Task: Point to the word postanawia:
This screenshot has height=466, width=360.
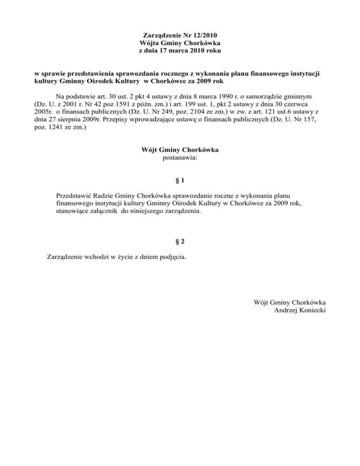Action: [x=180, y=158]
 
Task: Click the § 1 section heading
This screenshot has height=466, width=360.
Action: [x=180, y=180]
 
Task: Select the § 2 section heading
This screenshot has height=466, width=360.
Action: [x=180, y=241]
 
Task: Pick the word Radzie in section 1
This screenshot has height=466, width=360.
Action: [x=107, y=195]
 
